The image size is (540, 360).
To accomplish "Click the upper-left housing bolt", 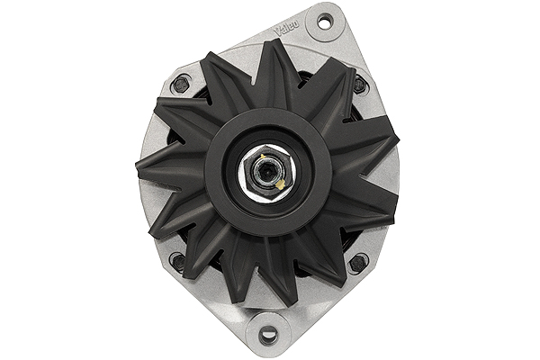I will coord(181,84).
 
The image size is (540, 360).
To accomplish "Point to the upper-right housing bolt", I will coord(359,84).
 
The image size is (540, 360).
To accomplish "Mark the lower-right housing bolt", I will coord(357,264).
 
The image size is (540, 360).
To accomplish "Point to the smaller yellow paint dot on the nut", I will coord(256,163).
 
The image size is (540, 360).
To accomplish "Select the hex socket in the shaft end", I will coord(265,171).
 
